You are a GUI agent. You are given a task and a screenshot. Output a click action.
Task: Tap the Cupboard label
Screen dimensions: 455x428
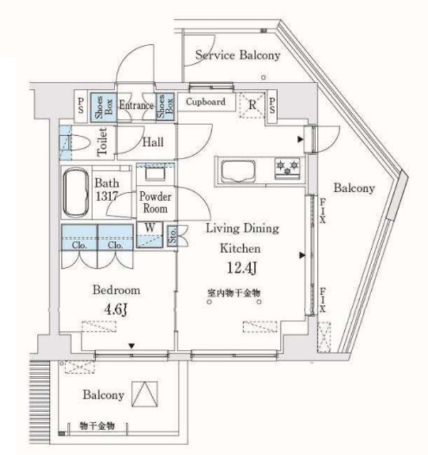(205, 102)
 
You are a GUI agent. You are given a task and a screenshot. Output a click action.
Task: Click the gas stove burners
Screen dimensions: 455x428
(290, 167)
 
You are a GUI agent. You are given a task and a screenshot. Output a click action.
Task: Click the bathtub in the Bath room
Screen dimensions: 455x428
(75, 191)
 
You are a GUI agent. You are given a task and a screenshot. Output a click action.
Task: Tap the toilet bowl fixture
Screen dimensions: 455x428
(80, 141)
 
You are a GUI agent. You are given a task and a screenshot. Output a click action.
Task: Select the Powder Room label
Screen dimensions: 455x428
(154, 203)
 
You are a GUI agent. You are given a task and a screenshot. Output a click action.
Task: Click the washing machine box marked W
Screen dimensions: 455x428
(150, 228)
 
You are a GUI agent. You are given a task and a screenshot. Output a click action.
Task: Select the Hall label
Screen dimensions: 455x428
(152, 142)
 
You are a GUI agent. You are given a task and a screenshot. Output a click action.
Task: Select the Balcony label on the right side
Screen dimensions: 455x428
(354, 189)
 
